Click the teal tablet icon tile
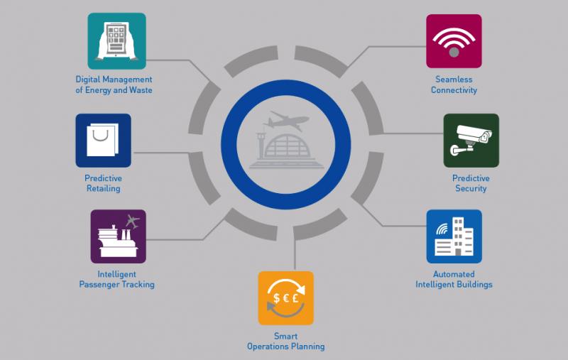(116, 41)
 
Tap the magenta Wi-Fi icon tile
(454, 41)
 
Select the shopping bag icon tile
(103, 141)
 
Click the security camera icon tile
(471, 141)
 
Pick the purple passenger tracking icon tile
(118, 236)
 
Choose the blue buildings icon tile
(454, 236)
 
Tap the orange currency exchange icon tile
(286, 298)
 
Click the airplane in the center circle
(286, 121)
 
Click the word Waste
(141, 90)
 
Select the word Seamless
(454, 80)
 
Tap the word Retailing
(103, 189)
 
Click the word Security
(471, 188)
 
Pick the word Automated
(454, 274)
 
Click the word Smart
(286, 336)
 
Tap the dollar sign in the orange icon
(277, 298)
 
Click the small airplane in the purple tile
(132, 221)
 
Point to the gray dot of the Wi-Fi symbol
(454, 53)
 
